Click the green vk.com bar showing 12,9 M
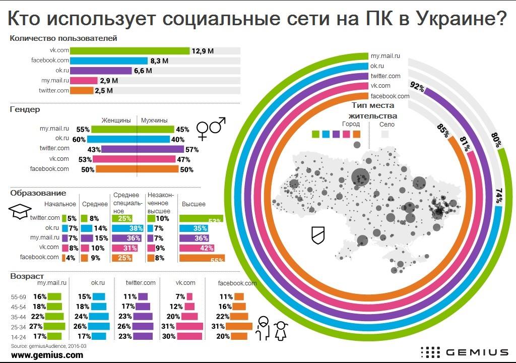click(130, 50)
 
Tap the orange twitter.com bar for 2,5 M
click(81, 91)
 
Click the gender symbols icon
click(211, 129)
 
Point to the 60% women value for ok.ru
click(80, 139)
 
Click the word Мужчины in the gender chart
click(156, 120)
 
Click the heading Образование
click(38, 193)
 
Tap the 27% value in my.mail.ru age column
click(39, 326)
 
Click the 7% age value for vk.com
click(180, 296)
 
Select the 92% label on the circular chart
click(417, 87)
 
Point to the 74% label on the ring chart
click(499, 196)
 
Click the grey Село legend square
click(385, 134)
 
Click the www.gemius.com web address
click(47, 355)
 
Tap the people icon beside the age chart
click(272, 329)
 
